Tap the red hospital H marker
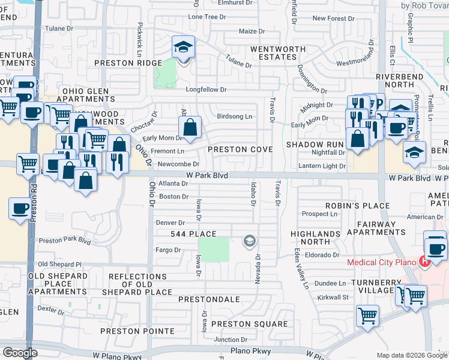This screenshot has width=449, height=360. (425, 262)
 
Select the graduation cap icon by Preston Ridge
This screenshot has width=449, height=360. (183, 48)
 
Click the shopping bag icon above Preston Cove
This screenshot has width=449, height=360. (190, 127)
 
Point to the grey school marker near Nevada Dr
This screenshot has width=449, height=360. (249, 242)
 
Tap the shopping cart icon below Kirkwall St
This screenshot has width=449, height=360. (367, 316)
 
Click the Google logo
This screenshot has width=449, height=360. (19, 353)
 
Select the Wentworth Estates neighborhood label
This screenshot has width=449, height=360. (274, 53)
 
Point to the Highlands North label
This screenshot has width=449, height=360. (310, 237)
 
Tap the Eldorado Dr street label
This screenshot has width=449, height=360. (323, 255)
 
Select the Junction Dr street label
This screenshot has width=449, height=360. (226, 340)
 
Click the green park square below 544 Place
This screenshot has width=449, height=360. (214, 249)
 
